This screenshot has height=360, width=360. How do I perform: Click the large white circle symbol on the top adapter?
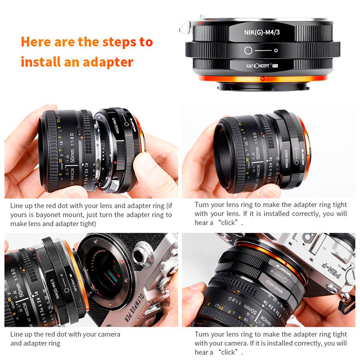pos(248,50)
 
